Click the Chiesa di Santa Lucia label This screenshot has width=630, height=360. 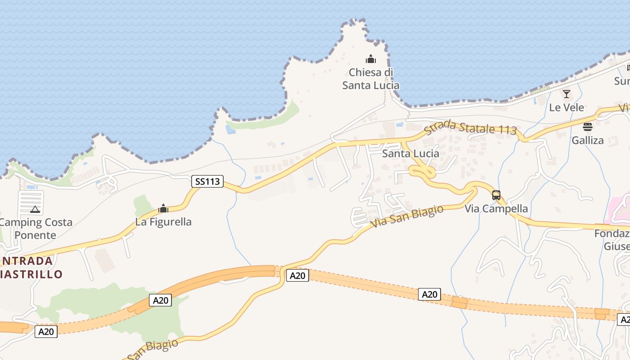click(371, 79)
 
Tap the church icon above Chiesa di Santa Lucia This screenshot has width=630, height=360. click(371, 59)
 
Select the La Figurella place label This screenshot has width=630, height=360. click(163, 222)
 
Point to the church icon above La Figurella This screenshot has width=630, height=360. click(163, 208)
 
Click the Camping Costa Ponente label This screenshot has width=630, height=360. click(35, 228)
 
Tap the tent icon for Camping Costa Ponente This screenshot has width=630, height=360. click(35, 209)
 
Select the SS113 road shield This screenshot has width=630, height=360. click(207, 181)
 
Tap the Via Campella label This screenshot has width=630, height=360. click(496, 209)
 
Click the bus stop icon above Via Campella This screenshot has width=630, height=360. click(496, 195)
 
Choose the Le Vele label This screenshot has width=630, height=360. click(567, 108)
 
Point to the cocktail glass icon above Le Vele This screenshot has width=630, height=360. click(567, 94)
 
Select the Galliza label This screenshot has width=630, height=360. click(588, 140)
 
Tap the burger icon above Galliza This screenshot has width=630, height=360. click(588, 127)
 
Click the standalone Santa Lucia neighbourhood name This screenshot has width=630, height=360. click(410, 153)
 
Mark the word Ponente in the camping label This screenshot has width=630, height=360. click(35, 235)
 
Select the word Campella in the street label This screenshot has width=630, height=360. click(505, 209)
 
